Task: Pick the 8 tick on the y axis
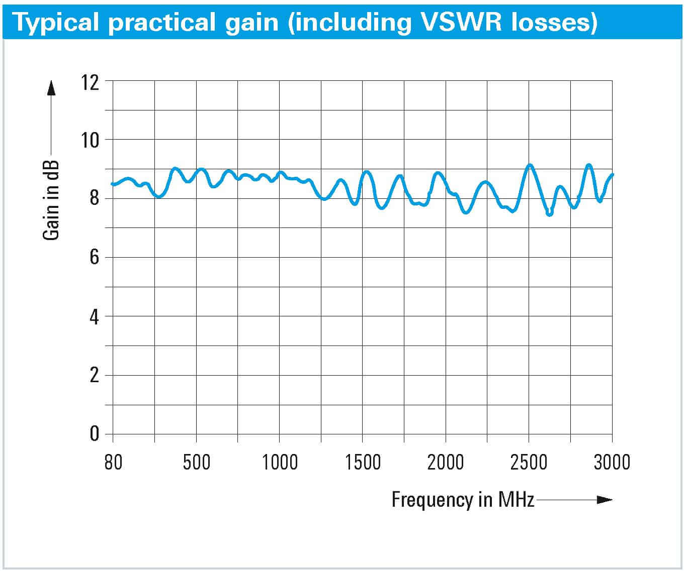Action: point(95,199)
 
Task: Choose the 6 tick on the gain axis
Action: point(95,258)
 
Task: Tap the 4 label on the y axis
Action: point(95,317)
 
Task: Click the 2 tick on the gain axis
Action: point(95,375)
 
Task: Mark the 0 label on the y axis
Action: point(95,433)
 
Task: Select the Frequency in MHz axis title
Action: point(463,500)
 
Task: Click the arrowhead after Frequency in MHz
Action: point(604,500)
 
